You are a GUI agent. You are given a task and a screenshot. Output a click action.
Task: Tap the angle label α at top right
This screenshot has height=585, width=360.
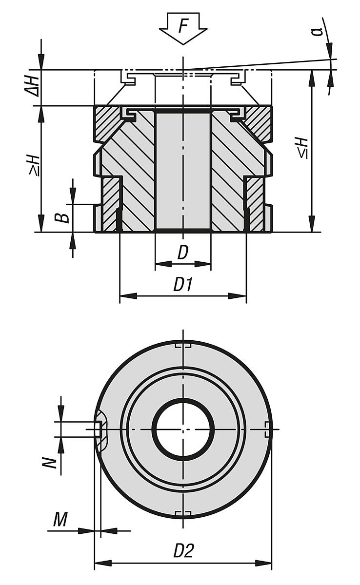[x=318, y=31]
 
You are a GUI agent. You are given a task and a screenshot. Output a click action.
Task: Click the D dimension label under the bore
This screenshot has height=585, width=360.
[x=182, y=253]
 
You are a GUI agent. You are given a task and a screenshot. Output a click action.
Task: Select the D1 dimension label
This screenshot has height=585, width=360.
[x=182, y=285]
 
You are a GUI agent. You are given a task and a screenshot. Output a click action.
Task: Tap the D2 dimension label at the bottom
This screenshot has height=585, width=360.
[x=183, y=551]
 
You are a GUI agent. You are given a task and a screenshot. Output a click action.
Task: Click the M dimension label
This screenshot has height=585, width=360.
[x=60, y=520]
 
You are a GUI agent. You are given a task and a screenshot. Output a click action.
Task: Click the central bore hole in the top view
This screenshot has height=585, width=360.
[x=183, y=429]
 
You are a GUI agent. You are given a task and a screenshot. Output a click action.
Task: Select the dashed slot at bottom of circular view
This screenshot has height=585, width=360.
[x=183, y=513]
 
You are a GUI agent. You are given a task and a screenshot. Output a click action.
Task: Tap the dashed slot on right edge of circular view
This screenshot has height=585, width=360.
[x=267, y=429]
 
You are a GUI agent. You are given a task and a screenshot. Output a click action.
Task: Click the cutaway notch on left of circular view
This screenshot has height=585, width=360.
[x=100, y=429]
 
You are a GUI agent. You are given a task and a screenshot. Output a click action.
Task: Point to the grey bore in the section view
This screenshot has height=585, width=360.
[x=183, y=171]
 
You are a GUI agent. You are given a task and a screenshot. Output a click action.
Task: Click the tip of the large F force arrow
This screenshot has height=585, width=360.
[x=183, y=44]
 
